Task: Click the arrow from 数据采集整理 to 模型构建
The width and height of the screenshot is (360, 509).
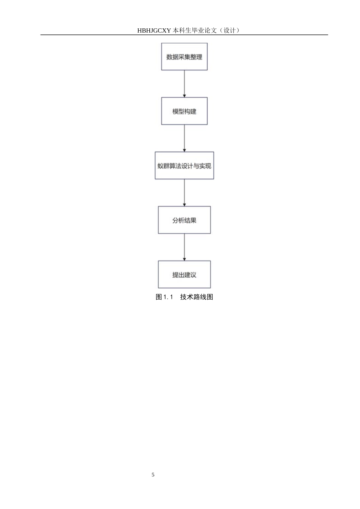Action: [184, 84]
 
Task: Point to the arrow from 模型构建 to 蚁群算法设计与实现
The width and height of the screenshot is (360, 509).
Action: [184, 138]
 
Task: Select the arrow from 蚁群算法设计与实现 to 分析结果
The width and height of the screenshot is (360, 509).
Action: [184, 193]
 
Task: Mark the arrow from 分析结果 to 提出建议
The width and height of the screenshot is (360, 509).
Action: [184, 247]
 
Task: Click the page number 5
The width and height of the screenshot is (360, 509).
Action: [153, 475]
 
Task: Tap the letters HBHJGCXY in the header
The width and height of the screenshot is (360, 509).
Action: [154, 30]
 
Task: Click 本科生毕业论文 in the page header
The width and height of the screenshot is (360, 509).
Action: [195, 30]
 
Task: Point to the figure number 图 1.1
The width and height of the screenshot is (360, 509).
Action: [164, 297]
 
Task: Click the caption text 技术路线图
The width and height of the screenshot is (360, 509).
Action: [197, 297]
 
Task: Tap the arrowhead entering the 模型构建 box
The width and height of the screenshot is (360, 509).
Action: [184, 96]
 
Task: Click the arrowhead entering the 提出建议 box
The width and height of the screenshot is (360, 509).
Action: [184, 259]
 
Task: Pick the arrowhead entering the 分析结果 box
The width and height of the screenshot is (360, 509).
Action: [184, 205]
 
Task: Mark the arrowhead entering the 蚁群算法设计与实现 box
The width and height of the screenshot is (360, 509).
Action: [184, 150]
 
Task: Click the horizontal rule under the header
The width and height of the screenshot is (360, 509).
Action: [184, 35]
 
